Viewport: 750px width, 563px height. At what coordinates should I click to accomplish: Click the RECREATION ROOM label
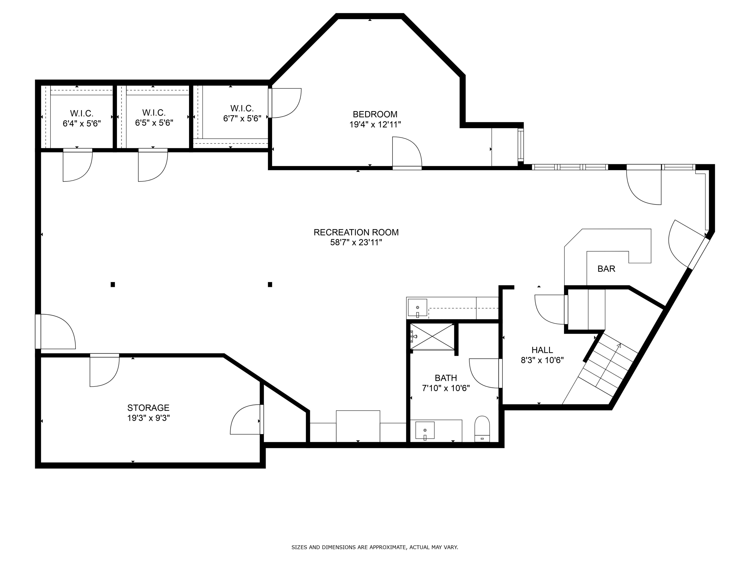(x=356, y=232)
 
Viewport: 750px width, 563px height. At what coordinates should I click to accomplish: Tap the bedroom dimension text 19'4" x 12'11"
(x=375, y=125)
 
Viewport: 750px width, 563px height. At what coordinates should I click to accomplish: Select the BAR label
(x=606, y=269)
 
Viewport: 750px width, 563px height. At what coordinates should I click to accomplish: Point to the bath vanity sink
(x=425, y=430)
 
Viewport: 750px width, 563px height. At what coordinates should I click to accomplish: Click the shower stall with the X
(x=432, y=336)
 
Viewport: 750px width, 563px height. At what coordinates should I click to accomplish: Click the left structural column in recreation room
(x=113, y=285)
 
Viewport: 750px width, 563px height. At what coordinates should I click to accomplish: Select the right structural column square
(x=270, y=285)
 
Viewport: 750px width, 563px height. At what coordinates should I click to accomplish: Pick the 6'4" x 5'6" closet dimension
(x=82, y=124)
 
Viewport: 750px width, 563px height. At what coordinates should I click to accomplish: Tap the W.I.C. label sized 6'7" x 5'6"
(x=242, y=108)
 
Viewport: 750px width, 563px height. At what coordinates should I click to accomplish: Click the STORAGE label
(x=148, y=408)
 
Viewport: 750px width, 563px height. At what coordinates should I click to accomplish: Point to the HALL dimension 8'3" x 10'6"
(x=542, y=360)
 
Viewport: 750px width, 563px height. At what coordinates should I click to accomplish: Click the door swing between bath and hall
(x=485, y=373)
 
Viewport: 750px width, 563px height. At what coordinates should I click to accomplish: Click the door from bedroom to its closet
(x=285, y=103)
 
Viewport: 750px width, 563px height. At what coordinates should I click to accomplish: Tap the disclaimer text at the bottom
(x=375, y=547)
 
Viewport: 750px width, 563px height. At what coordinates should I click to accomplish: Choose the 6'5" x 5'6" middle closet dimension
(x=154, y=123)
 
